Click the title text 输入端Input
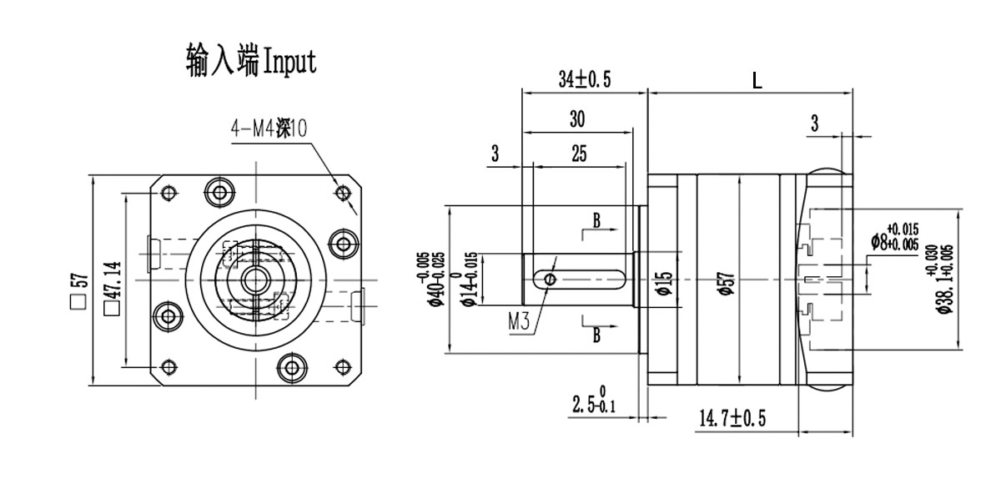pyautogui.click(x=251, y=62)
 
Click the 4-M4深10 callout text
pyautogui.click(x=269, y=129)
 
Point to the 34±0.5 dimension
pyautogui.click(x=585, y=79)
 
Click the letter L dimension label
pyautogui.click(x=756, y=81)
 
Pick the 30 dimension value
pyautogui.click(x=576, y=119)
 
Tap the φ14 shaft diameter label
pyautogui.click(x=470, y=279)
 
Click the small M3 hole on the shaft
pyautogui.click(x=548, y=278)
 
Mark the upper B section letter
pyautogui.click(x=596, y=220)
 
